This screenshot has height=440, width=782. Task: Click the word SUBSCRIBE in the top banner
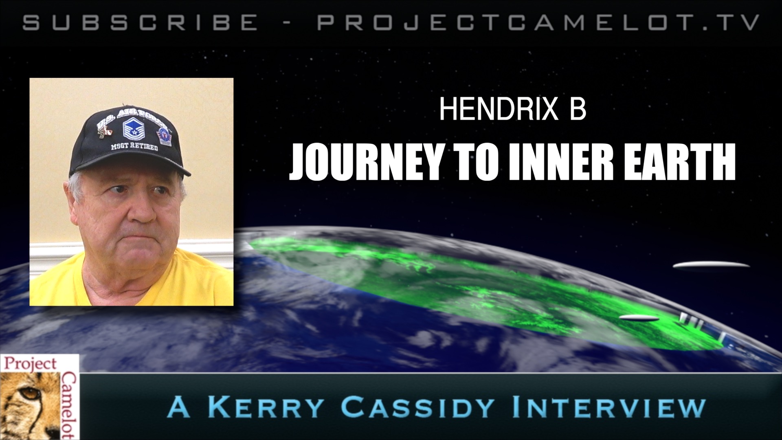tap(140, 23)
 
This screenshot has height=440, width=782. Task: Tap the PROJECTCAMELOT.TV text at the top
tap(539, 23)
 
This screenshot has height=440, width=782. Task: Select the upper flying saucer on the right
tap(711, 266)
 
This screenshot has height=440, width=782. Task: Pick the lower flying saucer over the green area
tap(639, 318)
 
